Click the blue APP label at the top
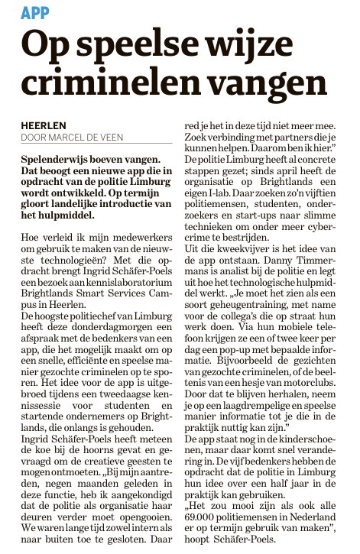pyautogui.click(x=34, y=11)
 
